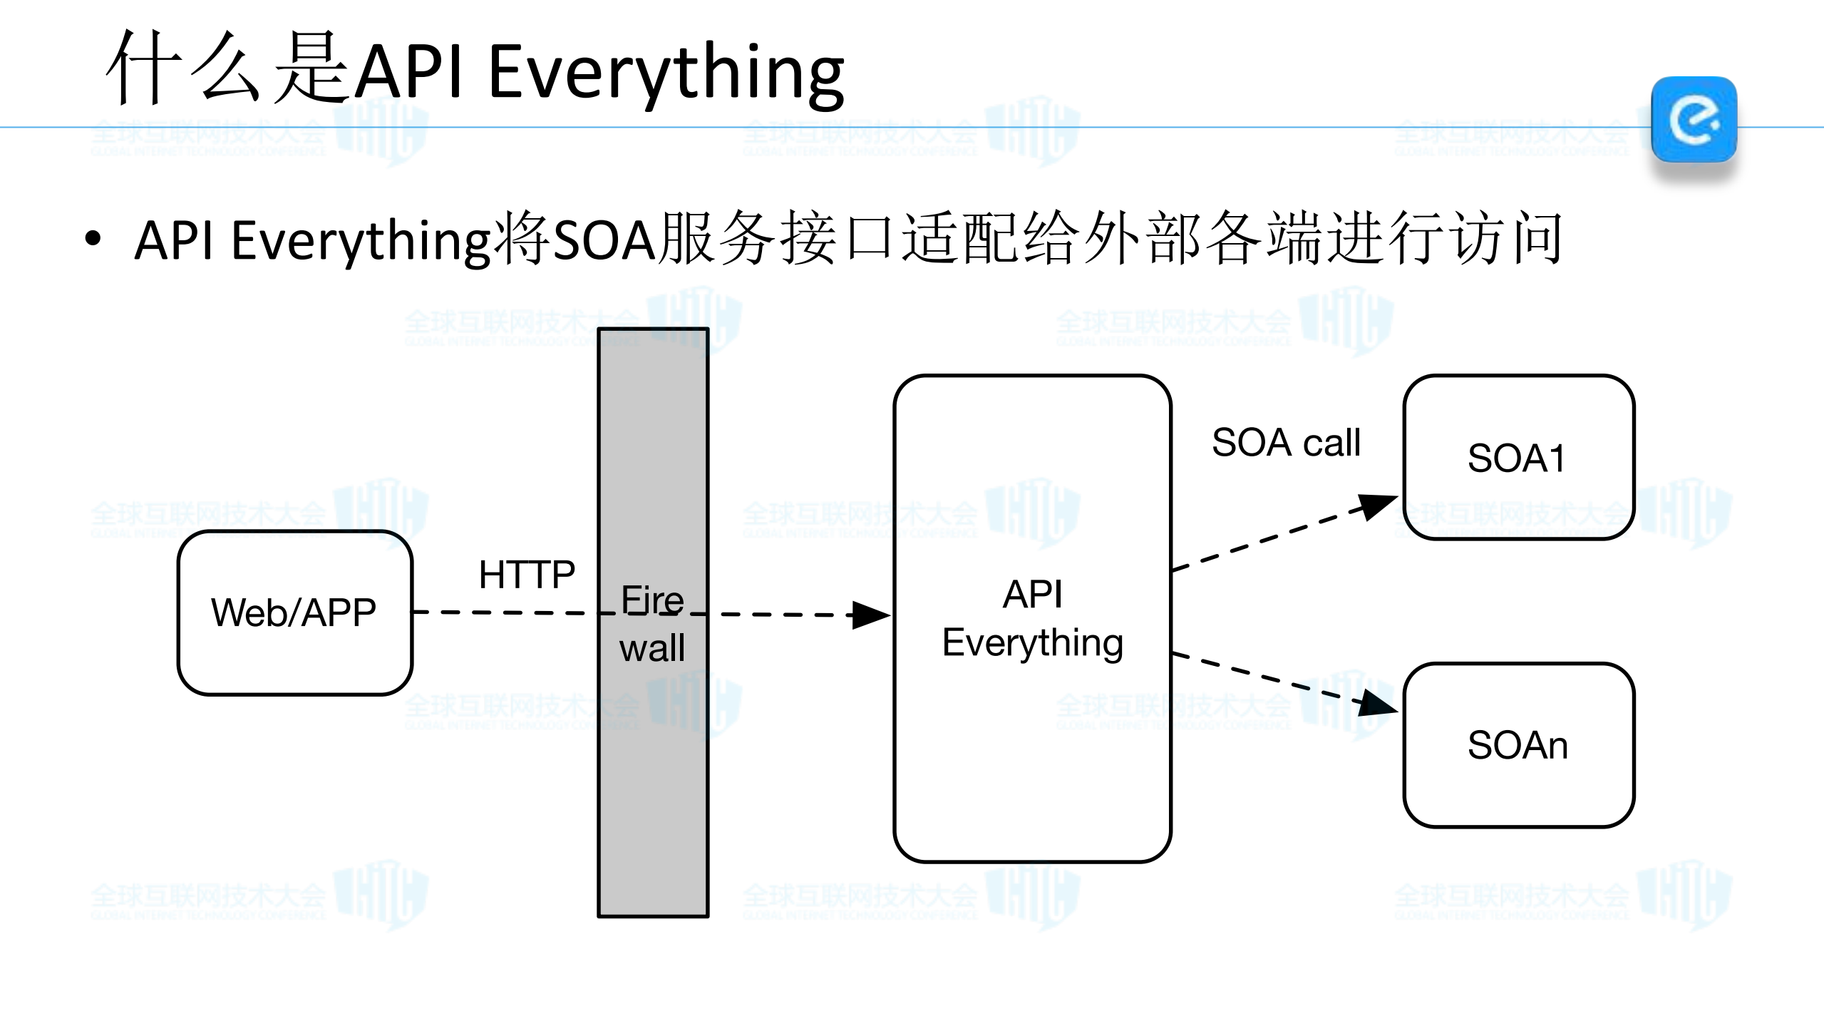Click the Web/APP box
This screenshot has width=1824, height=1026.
point(294,612)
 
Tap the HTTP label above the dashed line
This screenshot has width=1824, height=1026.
point(527,575)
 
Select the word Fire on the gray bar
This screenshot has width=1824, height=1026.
point(652,600)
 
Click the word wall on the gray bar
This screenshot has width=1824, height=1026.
point(652,648)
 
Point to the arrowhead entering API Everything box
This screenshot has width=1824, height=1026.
point(871,615)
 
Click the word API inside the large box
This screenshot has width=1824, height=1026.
point(1032,594)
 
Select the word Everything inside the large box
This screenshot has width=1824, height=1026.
point(1032,642)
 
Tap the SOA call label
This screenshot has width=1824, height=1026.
point(1286,442)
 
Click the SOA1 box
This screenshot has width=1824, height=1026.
point(1518,457)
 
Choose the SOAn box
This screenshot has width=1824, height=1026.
point(1518,744)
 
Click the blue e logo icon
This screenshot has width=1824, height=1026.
point(1694,119)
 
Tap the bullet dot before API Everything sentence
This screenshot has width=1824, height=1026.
point(93,239)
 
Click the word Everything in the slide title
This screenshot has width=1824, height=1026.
point(666,72)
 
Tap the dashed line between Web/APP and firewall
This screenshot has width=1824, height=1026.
point(506,612)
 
